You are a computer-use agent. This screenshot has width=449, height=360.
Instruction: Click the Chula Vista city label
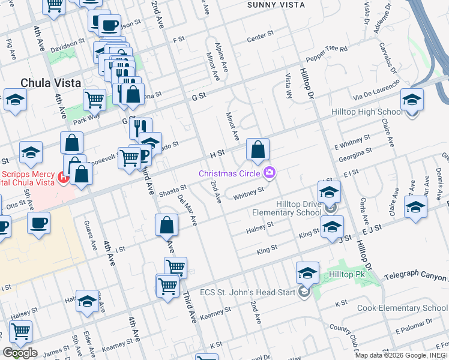click(50, 83)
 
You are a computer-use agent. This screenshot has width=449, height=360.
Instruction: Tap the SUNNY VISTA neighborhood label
click(276, 5)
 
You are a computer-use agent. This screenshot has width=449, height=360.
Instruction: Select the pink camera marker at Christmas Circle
click(270, 173)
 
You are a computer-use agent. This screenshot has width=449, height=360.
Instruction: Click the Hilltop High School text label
click(367, 112)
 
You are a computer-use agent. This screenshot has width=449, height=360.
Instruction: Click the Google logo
click(20, 353)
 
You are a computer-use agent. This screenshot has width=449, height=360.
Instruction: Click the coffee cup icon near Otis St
click(39, 223)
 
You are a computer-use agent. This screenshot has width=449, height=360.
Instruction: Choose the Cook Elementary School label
click(402, 308)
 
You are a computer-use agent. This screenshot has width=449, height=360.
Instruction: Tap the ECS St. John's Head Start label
click(253, 292)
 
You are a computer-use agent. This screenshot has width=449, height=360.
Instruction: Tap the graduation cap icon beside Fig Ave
click(16, 100)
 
